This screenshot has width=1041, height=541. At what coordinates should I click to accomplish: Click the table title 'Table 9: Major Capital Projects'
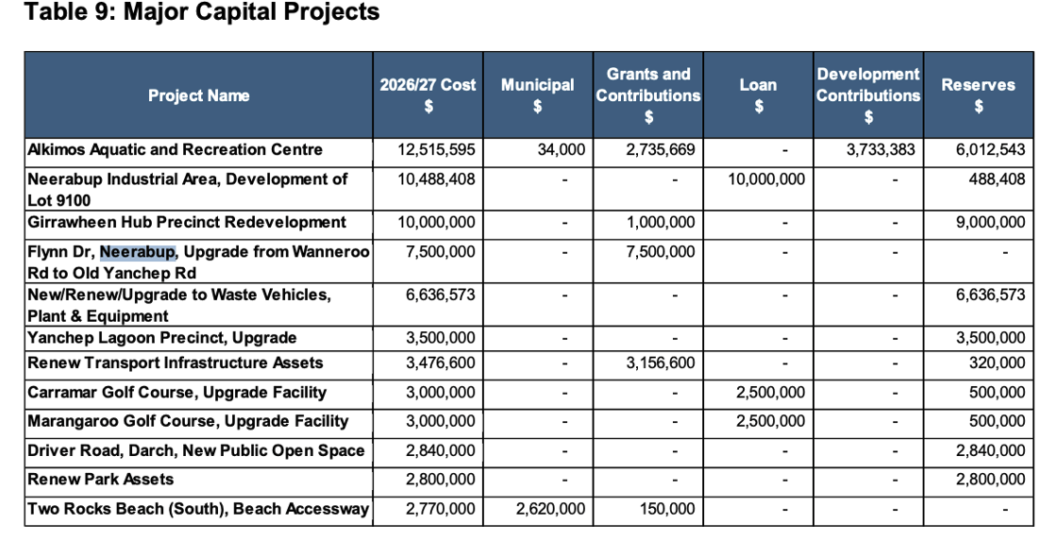202,12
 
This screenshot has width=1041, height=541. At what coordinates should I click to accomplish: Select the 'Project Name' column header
198,95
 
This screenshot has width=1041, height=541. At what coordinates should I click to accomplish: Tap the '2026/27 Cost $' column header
428,95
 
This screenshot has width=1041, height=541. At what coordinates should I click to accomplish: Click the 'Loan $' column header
758,95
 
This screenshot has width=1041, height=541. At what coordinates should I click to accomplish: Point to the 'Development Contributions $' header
868,95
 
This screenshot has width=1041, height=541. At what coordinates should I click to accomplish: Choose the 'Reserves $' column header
978,95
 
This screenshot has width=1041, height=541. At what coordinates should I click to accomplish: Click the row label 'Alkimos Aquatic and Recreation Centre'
176,150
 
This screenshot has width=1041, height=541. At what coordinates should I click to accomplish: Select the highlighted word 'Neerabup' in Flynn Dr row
138,252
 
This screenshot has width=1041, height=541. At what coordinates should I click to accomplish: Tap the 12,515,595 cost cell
436,150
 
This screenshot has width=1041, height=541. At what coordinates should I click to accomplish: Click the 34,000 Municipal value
561,150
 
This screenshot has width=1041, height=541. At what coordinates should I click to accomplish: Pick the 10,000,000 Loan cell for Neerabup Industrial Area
766,179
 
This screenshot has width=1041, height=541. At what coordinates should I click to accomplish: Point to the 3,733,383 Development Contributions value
881,150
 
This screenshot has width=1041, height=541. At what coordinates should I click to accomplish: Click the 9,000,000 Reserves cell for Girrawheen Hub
991,223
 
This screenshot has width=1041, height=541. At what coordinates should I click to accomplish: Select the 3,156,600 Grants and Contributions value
661,363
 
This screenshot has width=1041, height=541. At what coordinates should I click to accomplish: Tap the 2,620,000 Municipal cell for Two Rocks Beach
550,509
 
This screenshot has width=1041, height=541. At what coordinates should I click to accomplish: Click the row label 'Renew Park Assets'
100,480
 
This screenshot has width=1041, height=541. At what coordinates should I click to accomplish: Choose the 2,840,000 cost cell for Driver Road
440,450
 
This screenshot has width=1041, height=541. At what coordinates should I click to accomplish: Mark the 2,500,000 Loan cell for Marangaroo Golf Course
770,421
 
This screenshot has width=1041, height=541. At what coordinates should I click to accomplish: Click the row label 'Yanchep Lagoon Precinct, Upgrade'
162,338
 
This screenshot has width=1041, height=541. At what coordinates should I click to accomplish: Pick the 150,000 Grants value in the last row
667,509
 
